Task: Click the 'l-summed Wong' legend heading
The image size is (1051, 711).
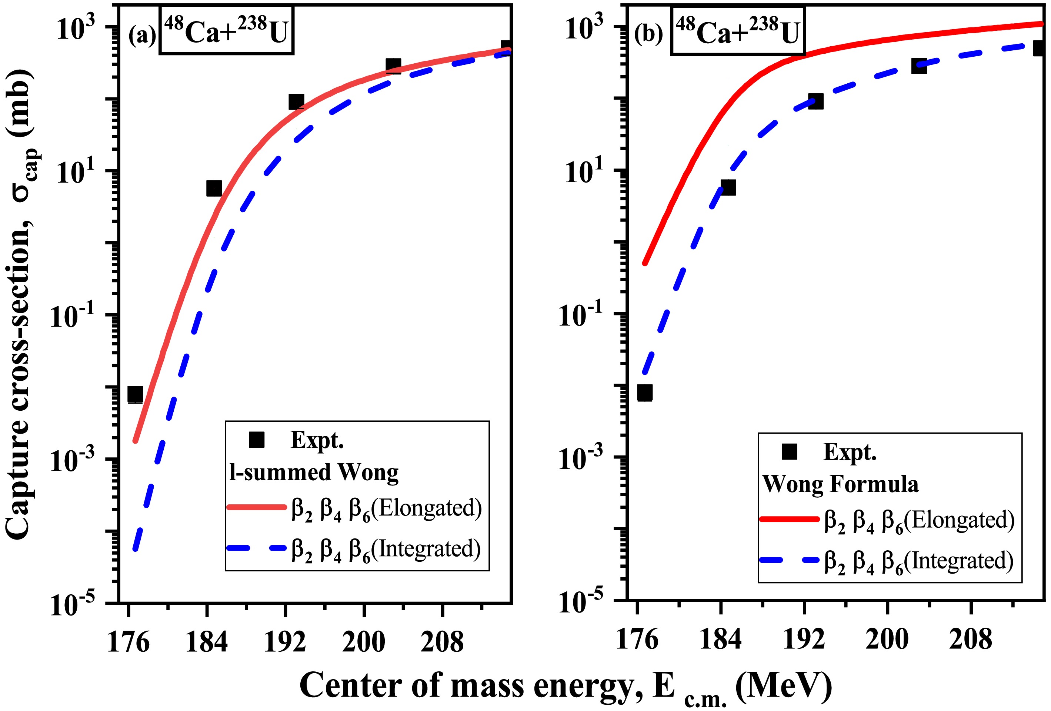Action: [x=314, y=473]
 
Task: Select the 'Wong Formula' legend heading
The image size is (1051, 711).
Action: [x=840, y=484]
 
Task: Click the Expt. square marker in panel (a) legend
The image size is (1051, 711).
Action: [x=256, y=440]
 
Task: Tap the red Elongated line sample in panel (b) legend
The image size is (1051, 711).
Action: [x=789, y=519]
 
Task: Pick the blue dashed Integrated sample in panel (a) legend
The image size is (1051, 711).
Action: [x=256, y=548]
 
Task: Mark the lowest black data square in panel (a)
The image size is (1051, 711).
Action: [x=135, y=394]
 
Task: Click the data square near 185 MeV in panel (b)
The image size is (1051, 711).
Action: [x=728, y=187]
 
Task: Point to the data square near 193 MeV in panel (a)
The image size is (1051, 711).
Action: [x=296, y=102]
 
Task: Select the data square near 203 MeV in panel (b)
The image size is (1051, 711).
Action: [x=919, y=66]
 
